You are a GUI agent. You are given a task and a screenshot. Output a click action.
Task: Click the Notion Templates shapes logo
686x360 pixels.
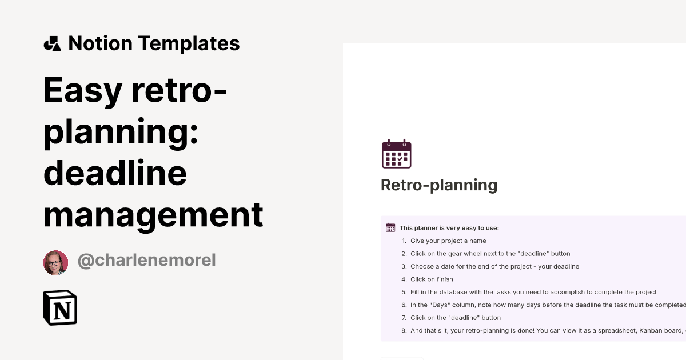point(52,43)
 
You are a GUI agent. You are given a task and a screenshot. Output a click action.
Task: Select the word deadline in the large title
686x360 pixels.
point(115,173)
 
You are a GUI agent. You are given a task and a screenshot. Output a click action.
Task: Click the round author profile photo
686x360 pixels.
point(55,262)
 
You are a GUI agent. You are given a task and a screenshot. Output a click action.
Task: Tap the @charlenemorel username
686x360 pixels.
point(146,261)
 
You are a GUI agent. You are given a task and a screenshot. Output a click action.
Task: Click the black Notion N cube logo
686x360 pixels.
point(60,307)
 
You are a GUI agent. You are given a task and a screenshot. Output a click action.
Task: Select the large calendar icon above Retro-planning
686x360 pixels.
point(396,154)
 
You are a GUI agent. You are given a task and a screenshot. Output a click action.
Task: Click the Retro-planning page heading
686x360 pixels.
point(439,185)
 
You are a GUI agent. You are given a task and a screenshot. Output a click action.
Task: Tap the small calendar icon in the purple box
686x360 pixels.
point(390,227)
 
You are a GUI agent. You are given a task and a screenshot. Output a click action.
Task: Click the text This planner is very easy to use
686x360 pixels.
point(449,228)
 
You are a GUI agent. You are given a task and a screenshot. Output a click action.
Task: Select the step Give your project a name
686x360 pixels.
point(448,241)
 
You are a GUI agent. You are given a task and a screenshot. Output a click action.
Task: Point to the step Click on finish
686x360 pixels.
point(432,279)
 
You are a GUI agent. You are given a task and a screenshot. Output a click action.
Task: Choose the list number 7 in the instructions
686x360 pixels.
point(404,318)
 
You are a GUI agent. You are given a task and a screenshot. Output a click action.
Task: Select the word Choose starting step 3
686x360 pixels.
point(422,266)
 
